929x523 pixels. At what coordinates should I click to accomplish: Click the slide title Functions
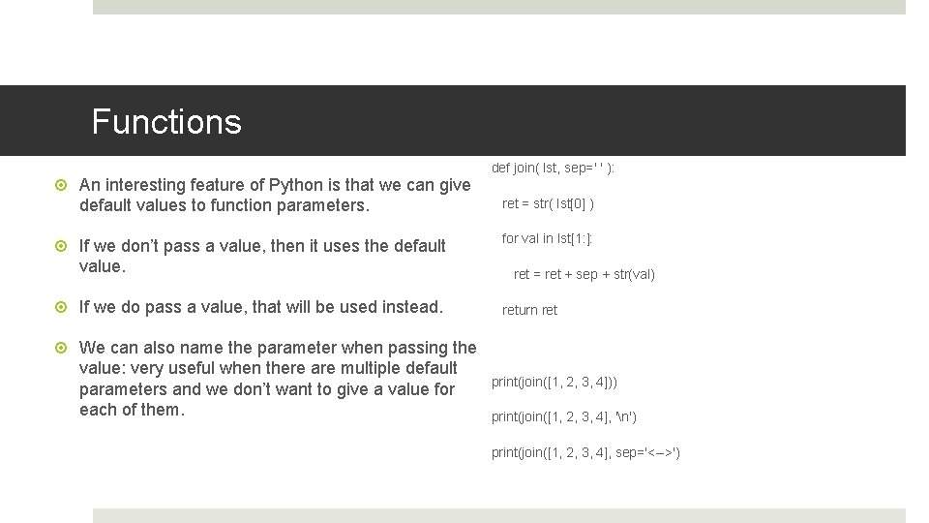coord(165,122)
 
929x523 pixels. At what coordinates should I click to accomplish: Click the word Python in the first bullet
coord(298,185)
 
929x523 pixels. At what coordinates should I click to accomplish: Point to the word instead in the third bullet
coord(412,307)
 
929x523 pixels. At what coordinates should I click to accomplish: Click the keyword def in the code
coord(500,168)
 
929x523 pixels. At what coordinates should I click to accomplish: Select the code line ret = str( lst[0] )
coord(548,203)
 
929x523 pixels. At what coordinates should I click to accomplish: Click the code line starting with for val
coord(547,238)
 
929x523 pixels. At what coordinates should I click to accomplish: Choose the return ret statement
coord(529,310)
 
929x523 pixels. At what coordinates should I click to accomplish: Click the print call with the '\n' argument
coord(563,416)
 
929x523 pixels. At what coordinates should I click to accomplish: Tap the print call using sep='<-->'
coord(585,452)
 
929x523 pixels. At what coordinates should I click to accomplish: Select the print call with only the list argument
coord(554,382)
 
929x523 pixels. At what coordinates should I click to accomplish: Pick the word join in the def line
coord(525,168)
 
